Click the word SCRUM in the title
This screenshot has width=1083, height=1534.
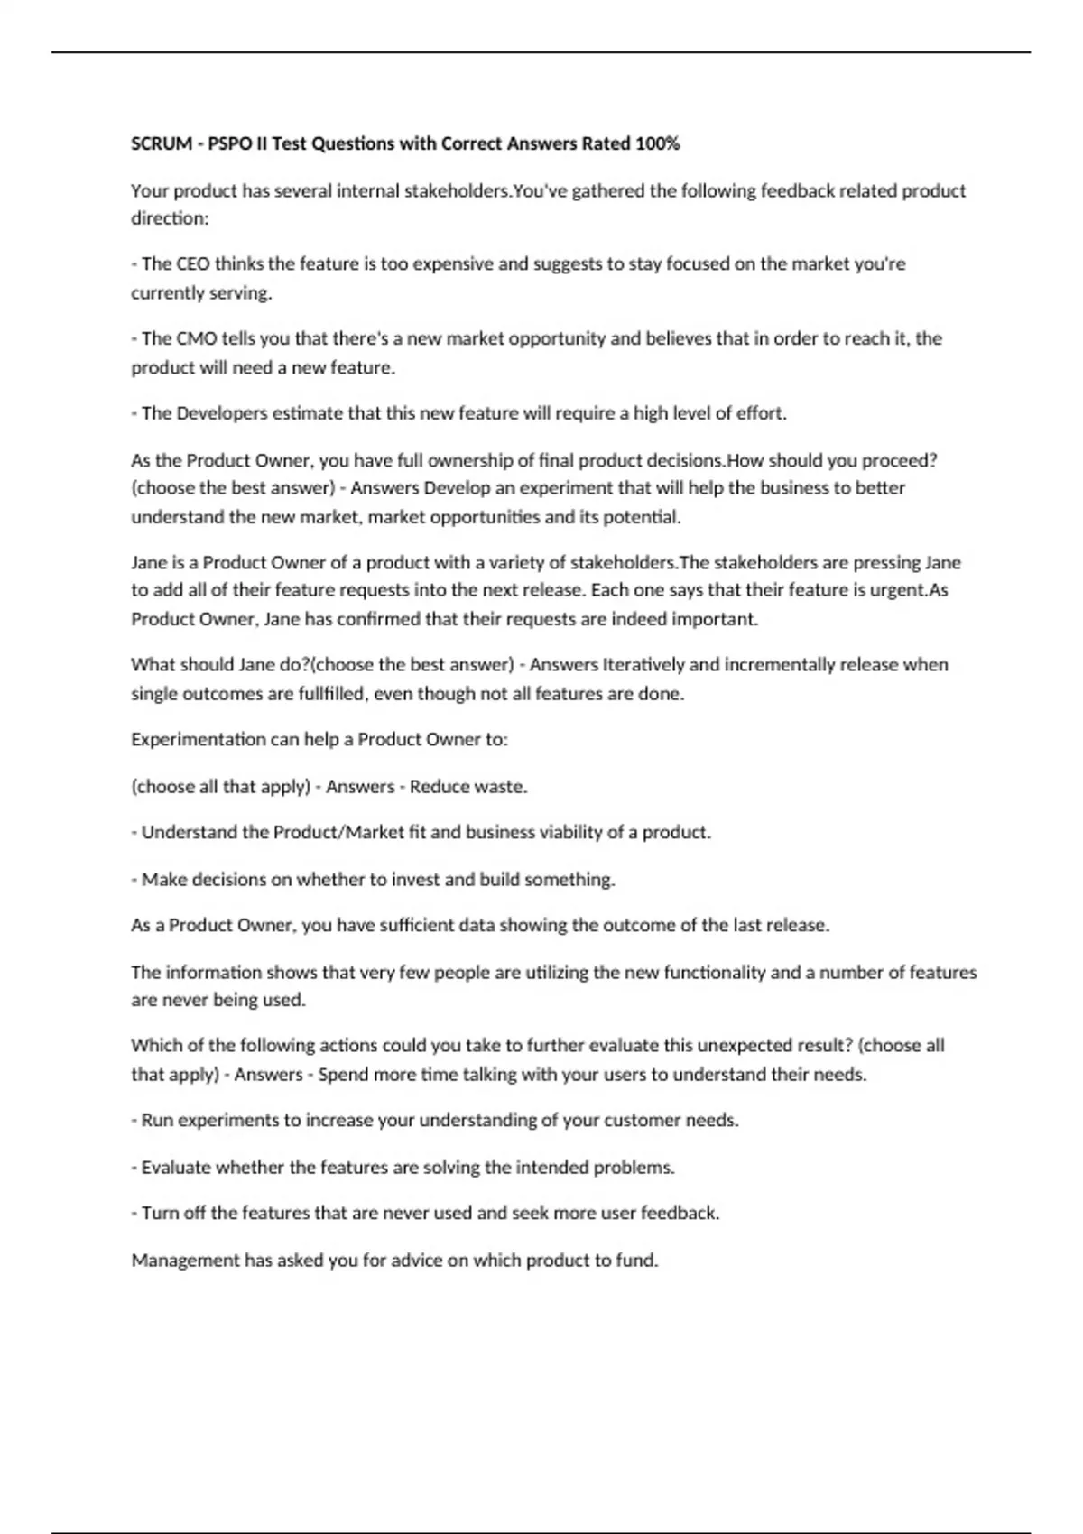click(162, 143)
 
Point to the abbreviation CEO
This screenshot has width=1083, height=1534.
click(192, 263)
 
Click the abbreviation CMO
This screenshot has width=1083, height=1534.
click(194, 338)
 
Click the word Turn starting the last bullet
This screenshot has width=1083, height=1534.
click(160, 1214)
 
